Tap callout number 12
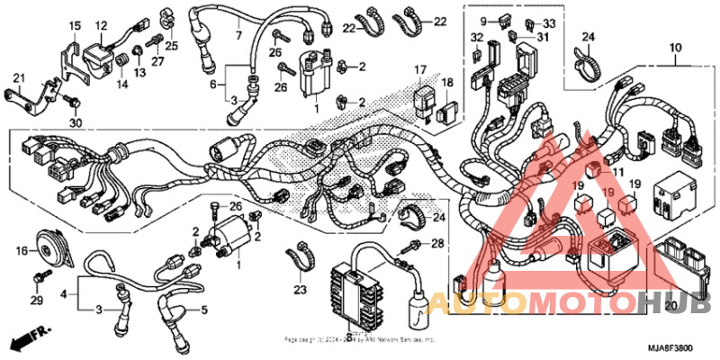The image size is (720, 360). (101, 25)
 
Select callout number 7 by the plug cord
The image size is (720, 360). (238, 36)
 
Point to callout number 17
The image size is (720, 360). (420, 69)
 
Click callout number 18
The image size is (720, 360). (447, 83)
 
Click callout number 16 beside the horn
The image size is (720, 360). (21, 249)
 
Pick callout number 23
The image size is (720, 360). (299, 289)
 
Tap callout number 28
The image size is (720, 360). (438, 244)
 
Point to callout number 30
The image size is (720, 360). (76, 123)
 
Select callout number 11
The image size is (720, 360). (617, 171)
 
